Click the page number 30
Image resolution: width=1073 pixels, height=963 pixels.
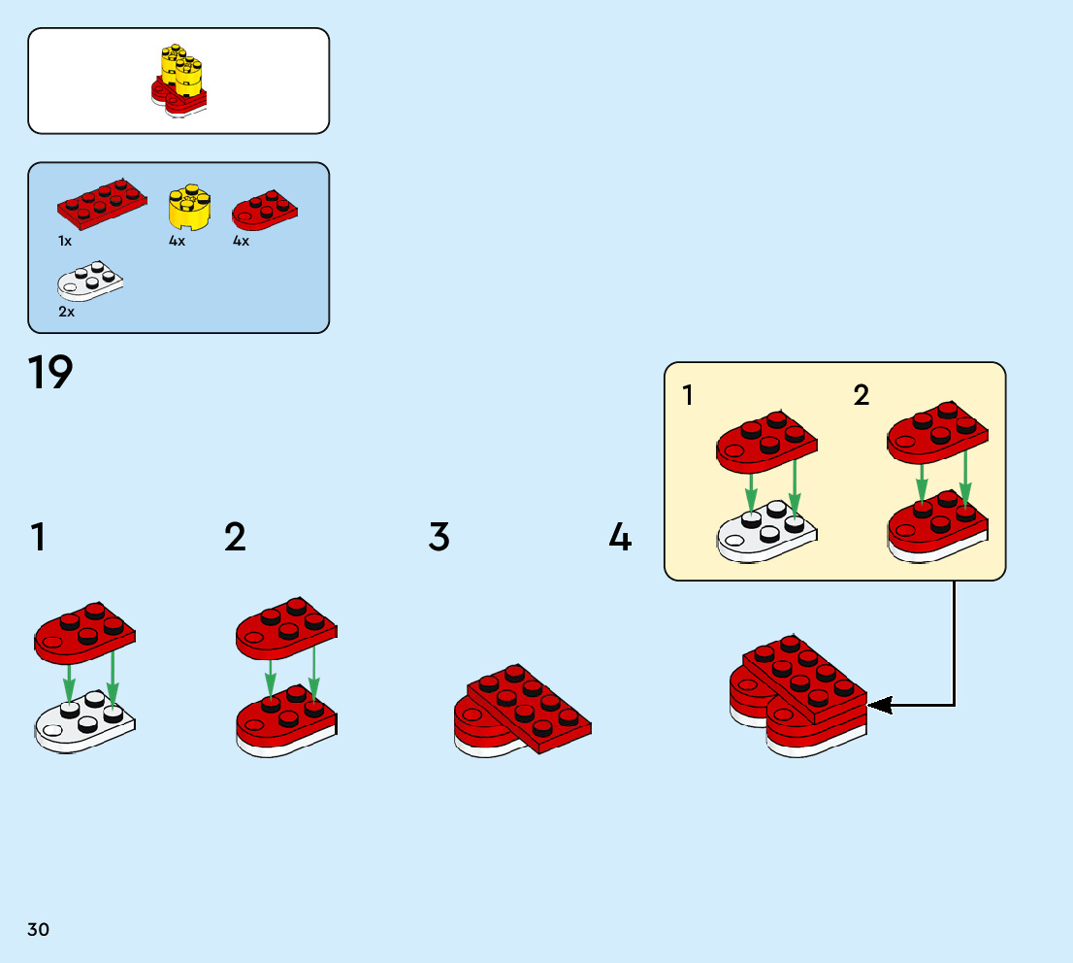tap(38, 929)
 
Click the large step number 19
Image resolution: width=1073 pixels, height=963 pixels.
tap(50, 373)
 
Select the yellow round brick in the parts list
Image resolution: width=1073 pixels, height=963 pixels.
tap(190, 207)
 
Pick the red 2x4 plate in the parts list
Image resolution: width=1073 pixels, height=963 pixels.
tap(101, 201)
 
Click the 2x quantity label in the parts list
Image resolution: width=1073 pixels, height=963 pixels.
tap(66, 313)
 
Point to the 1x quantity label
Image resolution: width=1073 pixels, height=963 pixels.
tap(65, 241)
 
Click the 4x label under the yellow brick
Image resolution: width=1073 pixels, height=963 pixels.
tap(177, 241)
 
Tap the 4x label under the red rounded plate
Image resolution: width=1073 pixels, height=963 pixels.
tap(241, 241)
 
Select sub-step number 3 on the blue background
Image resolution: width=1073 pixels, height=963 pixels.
tap(439, 537)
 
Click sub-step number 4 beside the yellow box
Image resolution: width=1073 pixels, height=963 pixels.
tap(620, 537)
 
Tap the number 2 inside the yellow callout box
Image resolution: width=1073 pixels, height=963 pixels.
tap(862, 395)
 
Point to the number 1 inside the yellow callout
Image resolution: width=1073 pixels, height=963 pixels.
tap(688, 395)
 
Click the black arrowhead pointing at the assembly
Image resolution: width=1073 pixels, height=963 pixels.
tap(878, 706)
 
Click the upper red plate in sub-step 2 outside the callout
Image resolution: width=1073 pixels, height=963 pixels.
tap(285, 628)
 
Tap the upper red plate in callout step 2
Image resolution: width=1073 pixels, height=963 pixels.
tap(936, 430)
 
